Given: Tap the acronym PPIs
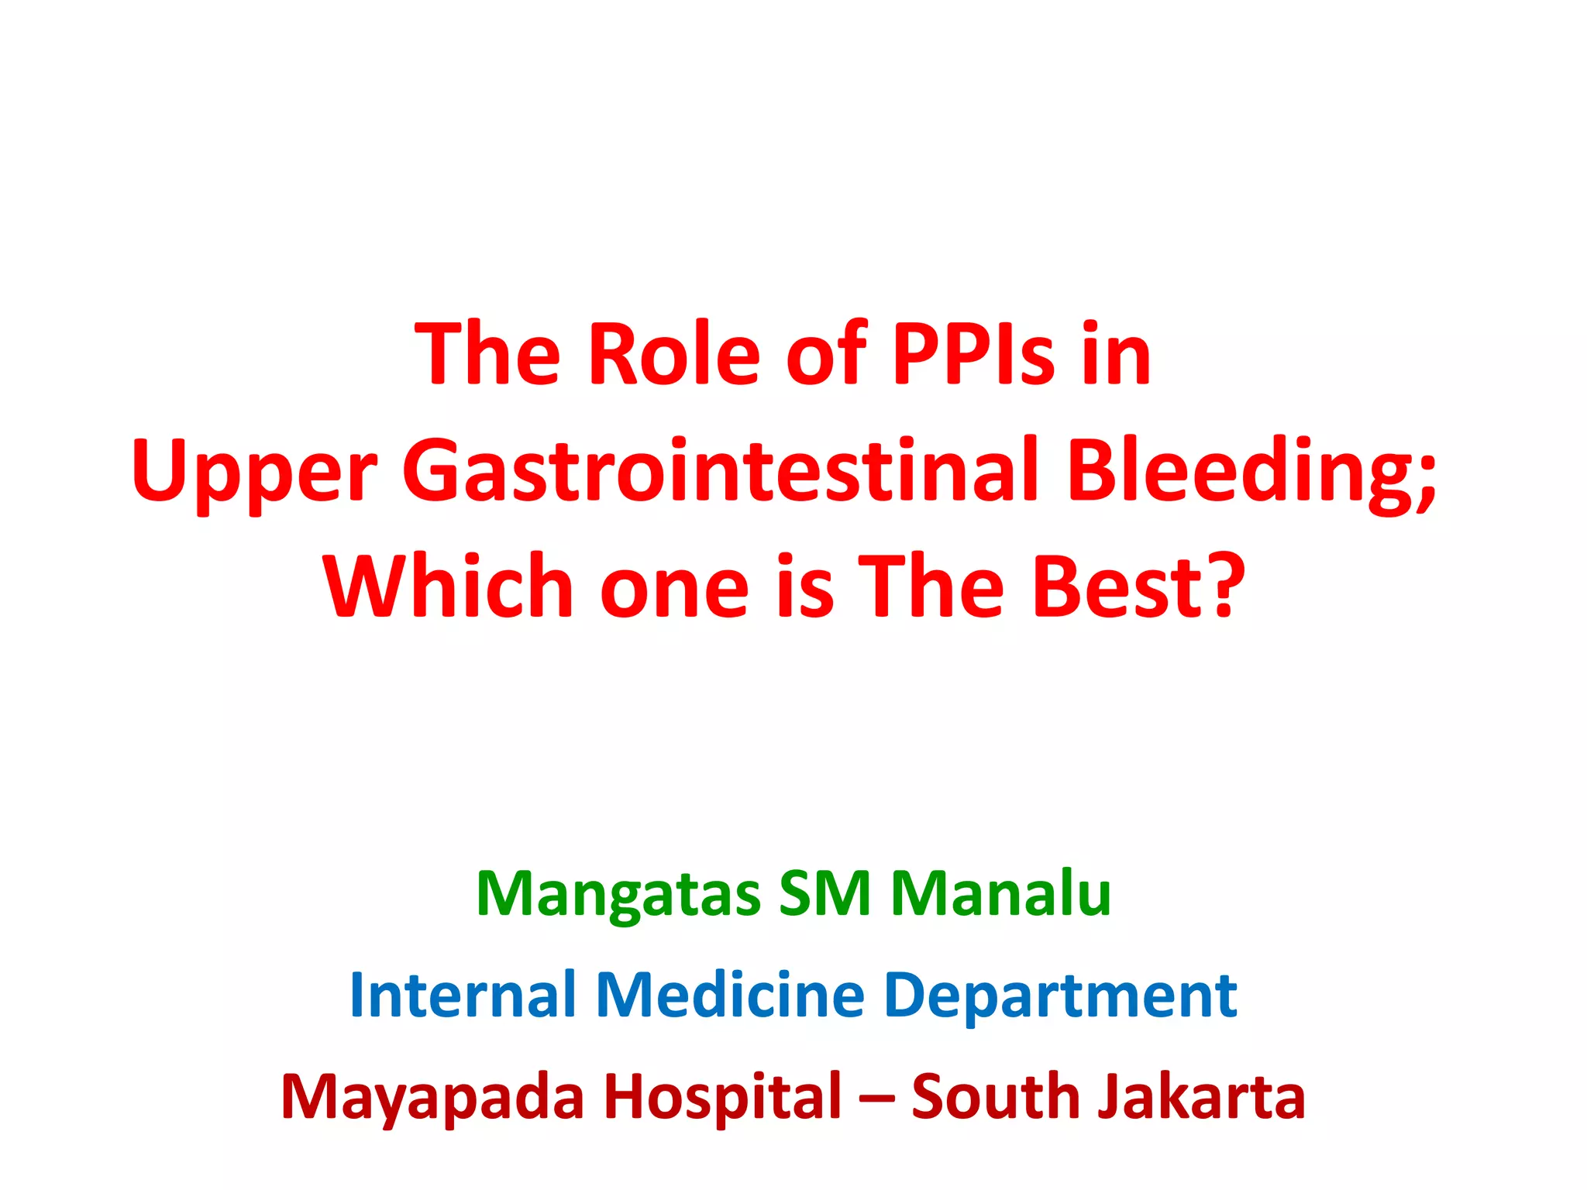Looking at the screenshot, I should click(x=973, y=354).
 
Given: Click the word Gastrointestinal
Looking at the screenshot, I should click(x=721, y=471).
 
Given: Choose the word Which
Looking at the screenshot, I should click(x=448, y=586).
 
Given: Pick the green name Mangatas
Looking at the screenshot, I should click(x=618, y=895).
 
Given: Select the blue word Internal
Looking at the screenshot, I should click(x=463, y=995).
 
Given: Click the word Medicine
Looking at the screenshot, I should click(x=730, y=995).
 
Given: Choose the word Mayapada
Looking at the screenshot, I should click(x=432, y=1098).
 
